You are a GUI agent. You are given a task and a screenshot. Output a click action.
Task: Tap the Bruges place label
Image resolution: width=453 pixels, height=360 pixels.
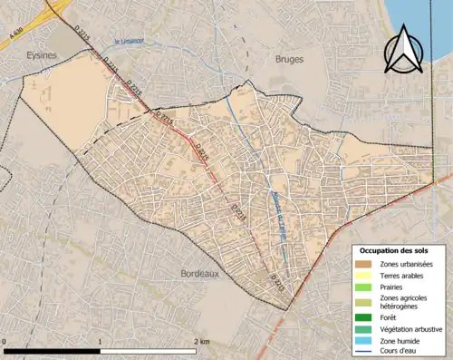pyautogui.click(x=289, y=60)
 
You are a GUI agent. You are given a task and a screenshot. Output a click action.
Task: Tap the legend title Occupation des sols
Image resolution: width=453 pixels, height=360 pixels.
pyautogui.click(x=394, y=250)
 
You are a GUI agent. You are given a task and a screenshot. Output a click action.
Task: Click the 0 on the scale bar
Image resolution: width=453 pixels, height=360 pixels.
pyautogui.click(x=5, y=343)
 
